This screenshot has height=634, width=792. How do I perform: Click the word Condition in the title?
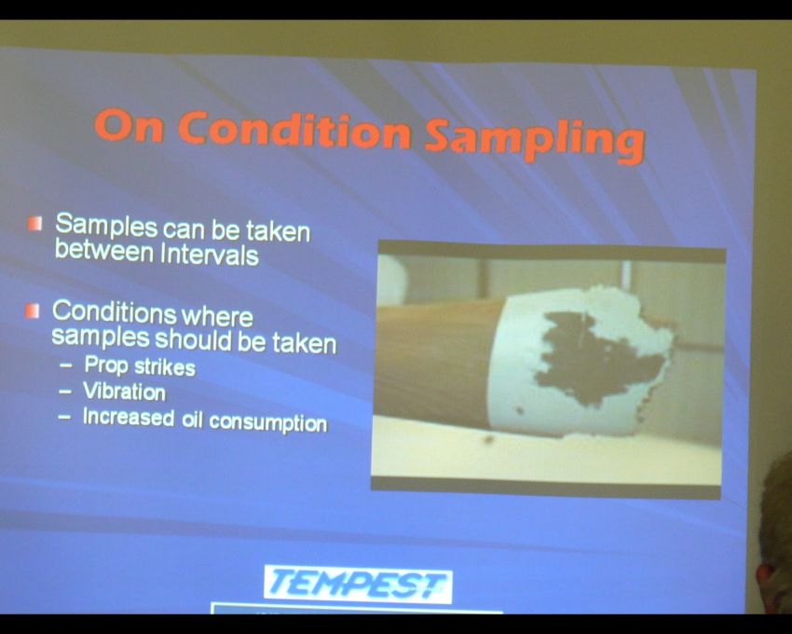[294, 130]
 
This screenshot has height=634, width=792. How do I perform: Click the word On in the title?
[130, 124]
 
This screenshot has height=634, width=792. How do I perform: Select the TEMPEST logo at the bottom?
[358, 584]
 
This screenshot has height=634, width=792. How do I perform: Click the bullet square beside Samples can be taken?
[34, 224]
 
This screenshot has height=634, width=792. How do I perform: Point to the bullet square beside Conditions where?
[32, 310]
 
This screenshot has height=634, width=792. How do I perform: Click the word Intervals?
[210, 254]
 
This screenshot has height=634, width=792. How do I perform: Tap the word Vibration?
[124, 391]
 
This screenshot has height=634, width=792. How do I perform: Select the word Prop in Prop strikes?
[106, 365]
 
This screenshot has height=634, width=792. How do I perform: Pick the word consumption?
[268, 422]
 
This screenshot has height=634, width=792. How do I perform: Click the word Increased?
[129, 417]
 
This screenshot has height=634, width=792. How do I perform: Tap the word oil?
[192, 420]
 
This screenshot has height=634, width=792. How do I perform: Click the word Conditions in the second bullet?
[114, 311]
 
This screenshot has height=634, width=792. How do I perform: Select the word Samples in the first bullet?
[106, 225]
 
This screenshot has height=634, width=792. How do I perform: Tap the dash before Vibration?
[65, 391]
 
